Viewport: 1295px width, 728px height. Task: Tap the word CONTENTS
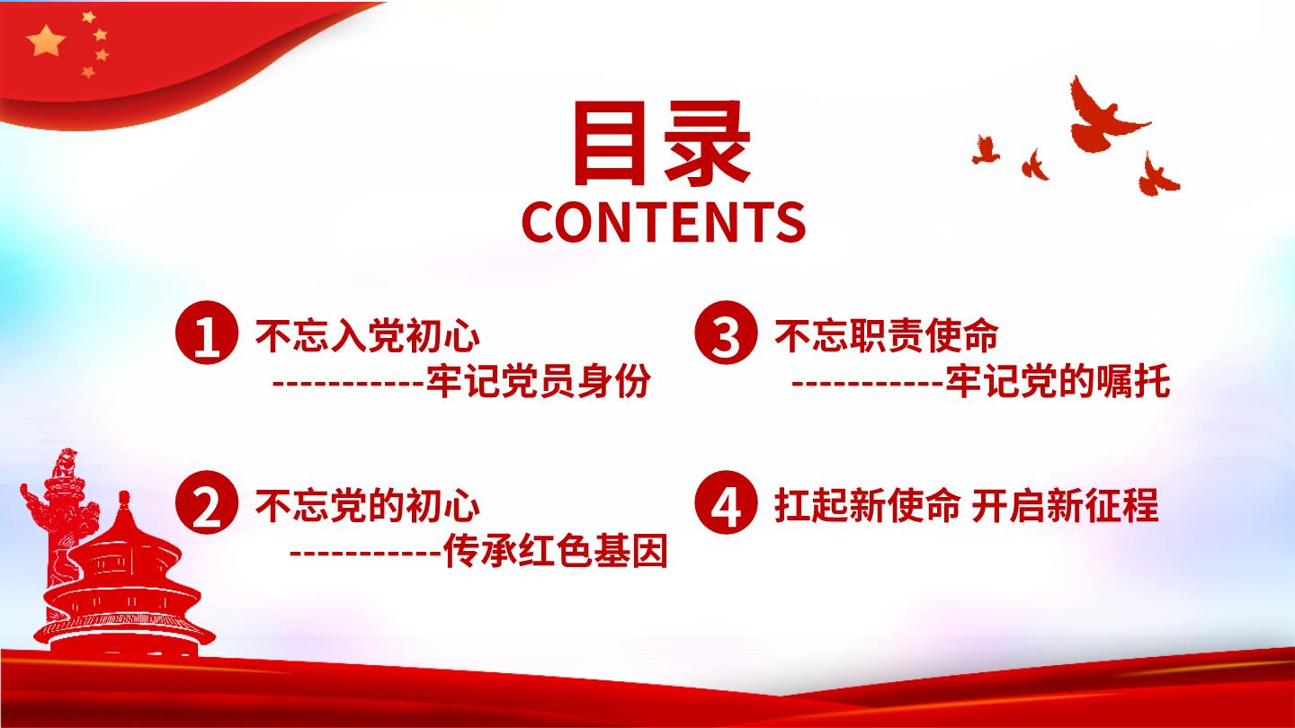click(664, 222)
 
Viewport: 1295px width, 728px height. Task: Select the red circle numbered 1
click(207, 333)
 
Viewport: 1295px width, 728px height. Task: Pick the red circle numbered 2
click(207, 502)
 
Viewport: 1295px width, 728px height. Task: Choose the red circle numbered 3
click(726, 333)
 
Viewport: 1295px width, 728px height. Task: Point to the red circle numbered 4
click(726, 502)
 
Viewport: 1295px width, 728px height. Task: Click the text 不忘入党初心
click(368, 336)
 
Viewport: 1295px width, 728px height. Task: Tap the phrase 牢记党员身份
click(539, 381)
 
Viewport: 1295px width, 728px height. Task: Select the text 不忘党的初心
click(368, 506)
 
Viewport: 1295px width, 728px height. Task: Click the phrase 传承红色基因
click(556, 551)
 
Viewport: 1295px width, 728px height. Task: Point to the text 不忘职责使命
click(887, 336)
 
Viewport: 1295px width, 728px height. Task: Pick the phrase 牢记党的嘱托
click(1058, 381)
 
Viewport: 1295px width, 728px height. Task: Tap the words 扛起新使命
click(867, 506)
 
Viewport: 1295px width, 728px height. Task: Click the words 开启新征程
click(1065, 506)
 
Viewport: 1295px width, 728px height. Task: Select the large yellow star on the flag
click(46, 41)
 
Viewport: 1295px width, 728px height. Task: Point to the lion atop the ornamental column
click(64, 462)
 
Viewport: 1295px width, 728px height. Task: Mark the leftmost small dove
click(986, 149)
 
